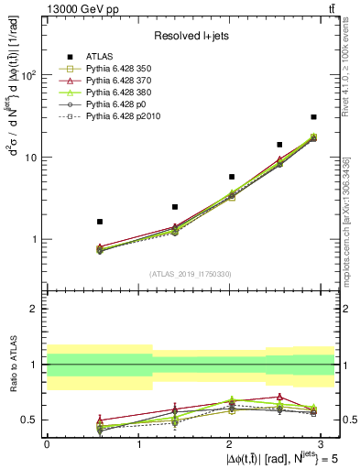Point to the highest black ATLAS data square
click(x=313, y=117)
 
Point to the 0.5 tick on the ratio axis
click(x=29, y=420)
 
